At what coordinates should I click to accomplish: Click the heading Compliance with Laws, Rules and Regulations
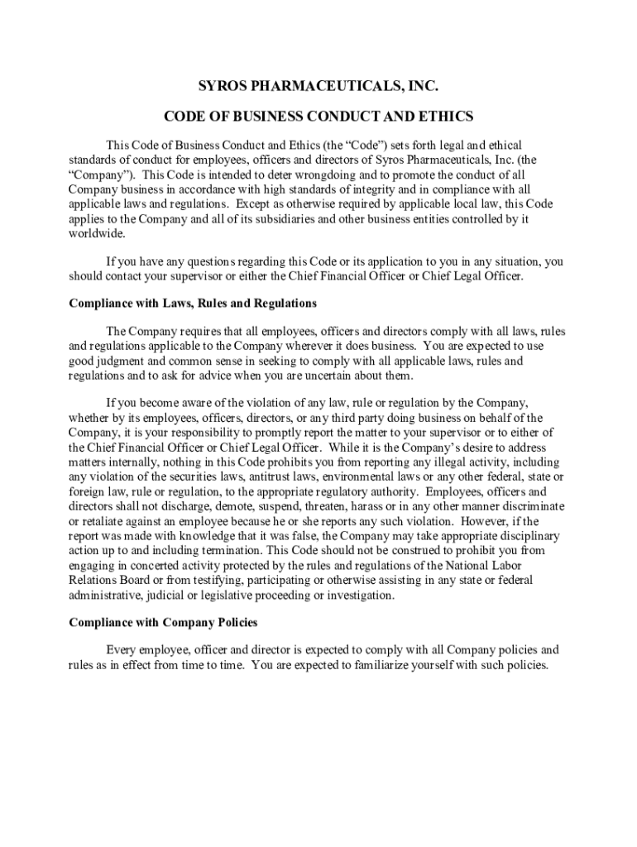[192, 304]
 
